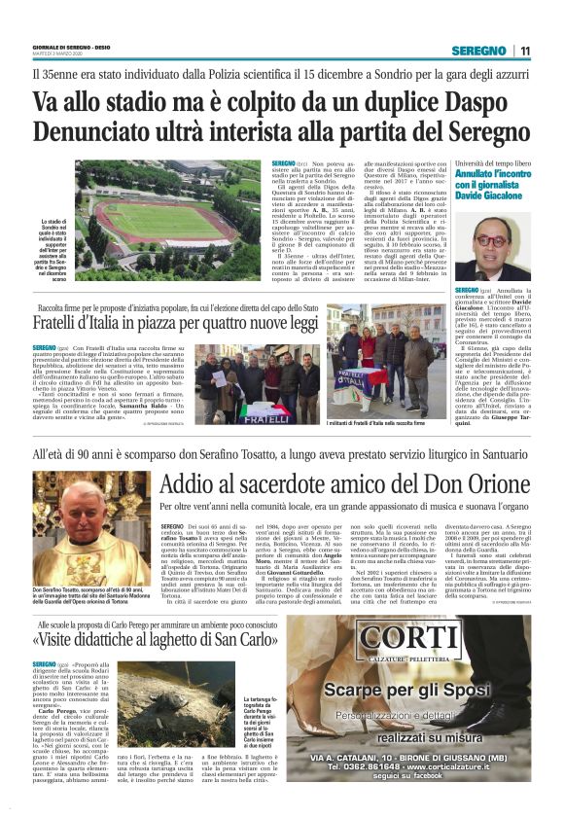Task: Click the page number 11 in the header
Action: point(525,51)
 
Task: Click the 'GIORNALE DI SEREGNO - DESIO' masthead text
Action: point(71,48)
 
